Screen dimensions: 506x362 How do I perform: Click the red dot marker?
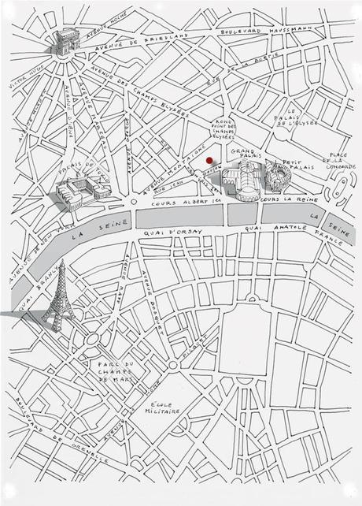point(209,148)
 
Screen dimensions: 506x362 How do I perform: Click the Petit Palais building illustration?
point(277,178)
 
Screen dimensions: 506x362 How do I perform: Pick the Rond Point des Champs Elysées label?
point(224,128)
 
